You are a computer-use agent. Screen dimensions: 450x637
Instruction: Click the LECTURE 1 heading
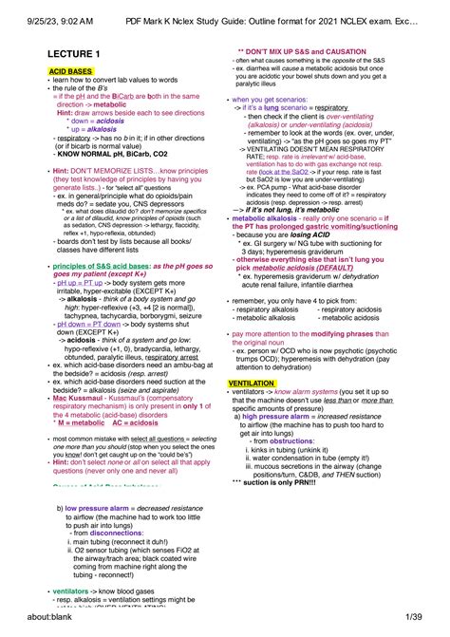tap(76, 55)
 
